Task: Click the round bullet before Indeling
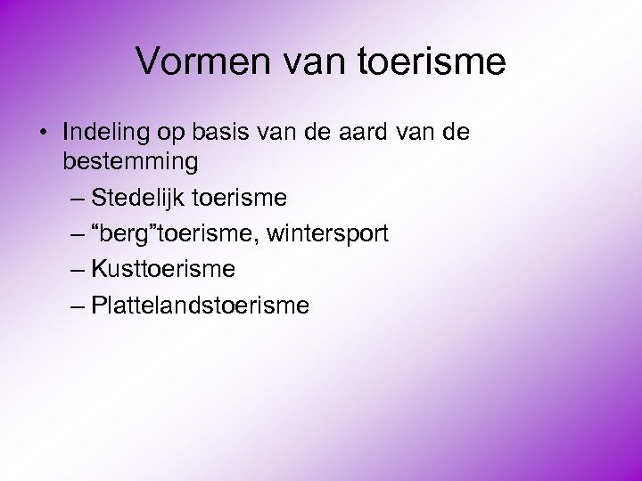pos(43,134)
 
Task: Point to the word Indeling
pos(107,133)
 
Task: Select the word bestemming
pos(130,162)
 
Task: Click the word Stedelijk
pos(136,196)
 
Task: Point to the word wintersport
pos(329,233)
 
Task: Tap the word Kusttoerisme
pos(163,268)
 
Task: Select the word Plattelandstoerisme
pos(201,306)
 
